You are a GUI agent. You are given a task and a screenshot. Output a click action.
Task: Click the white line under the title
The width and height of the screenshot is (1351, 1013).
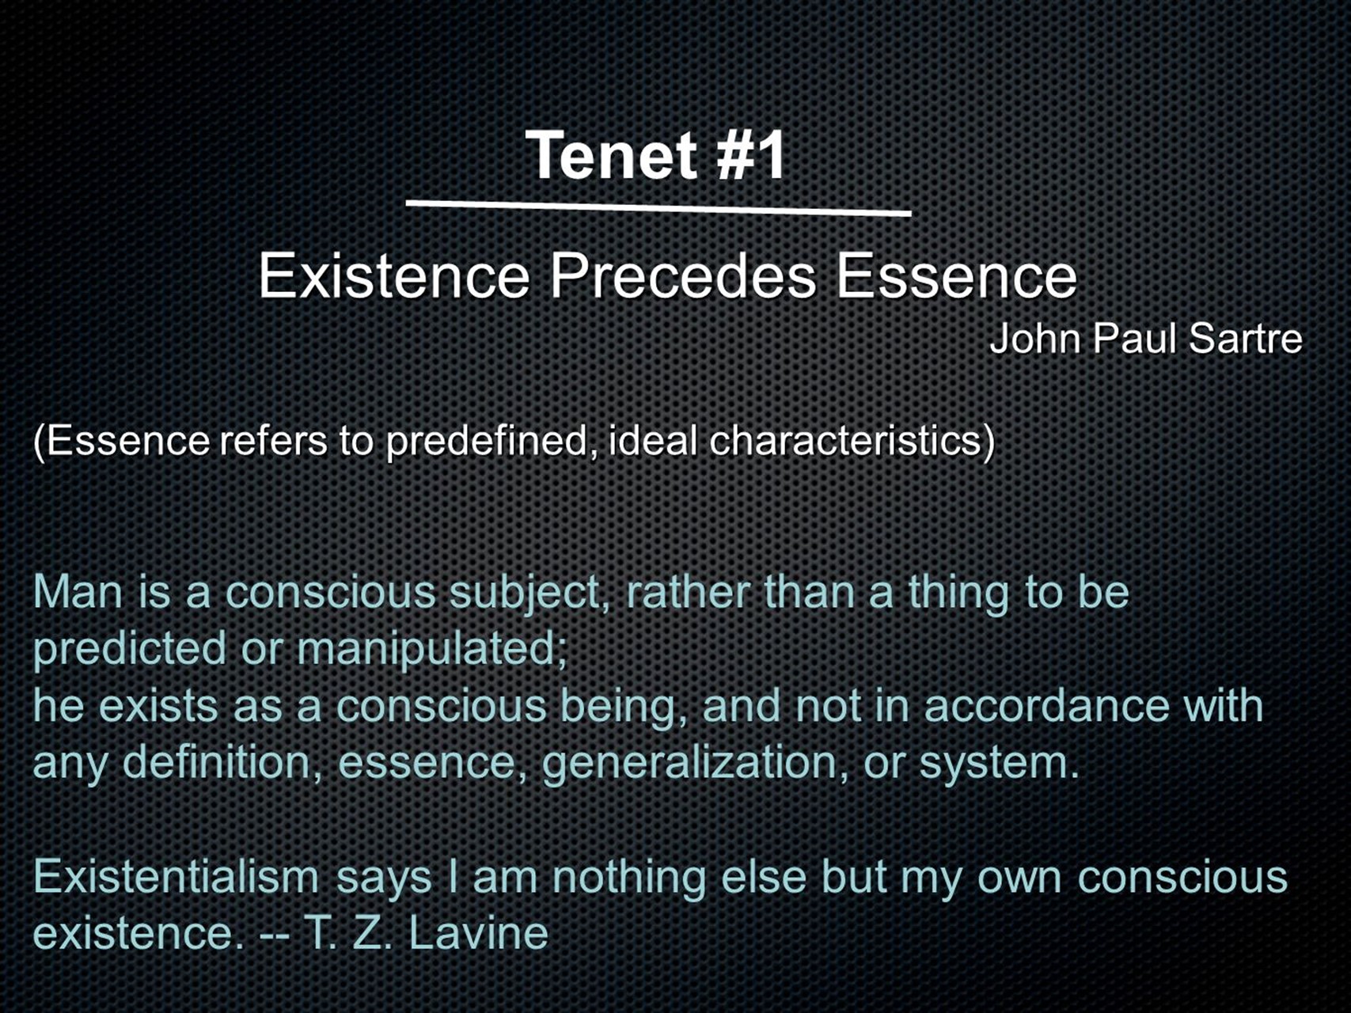click(658, 208)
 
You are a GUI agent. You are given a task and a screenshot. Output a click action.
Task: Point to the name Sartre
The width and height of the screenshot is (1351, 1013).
click(1245, 338)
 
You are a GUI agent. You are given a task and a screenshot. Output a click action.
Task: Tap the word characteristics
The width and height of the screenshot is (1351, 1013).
click(851, 440)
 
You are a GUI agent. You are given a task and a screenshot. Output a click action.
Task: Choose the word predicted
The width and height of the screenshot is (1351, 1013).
click(131, 649)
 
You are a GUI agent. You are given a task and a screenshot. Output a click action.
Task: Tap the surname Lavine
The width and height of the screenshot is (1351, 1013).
click(479, 933)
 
